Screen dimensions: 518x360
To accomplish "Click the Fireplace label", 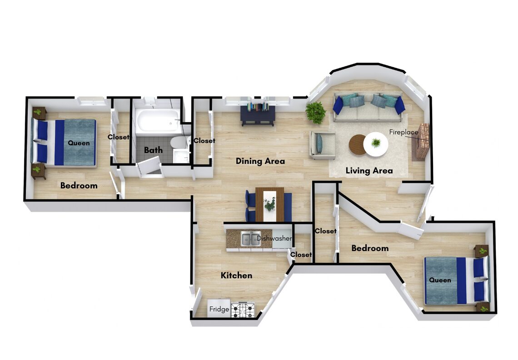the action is click(x=403, y=132).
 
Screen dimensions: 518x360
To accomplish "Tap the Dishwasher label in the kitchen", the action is click(x=274, y=238).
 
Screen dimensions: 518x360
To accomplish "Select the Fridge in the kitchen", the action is click(x=219, y=309).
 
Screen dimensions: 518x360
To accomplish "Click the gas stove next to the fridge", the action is click(x=243, y=310).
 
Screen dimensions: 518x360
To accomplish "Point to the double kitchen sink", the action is click(x=251, y=239).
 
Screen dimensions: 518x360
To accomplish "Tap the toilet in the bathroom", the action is click(x=179, y=142).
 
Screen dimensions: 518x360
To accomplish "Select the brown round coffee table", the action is click(x=358, y=144).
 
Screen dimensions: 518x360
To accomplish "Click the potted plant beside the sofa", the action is click(x=316, y=112).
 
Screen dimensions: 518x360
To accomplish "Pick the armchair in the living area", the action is click(x=322, y=145).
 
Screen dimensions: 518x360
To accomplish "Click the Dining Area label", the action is click(x=260, y=161).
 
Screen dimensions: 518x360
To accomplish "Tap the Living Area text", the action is click(x=369, y=171).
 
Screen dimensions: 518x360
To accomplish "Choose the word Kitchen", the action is click(x=237, y=275).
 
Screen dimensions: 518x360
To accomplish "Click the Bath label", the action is click(x=153, y=150).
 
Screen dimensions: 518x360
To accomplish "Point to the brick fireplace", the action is click(x=421, y=142).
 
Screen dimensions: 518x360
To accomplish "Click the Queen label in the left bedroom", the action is click(x=79, y=143).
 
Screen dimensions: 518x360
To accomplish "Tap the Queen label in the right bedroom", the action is click(x=440, y=280).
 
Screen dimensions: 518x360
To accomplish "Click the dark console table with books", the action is click(x=258, y=114).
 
